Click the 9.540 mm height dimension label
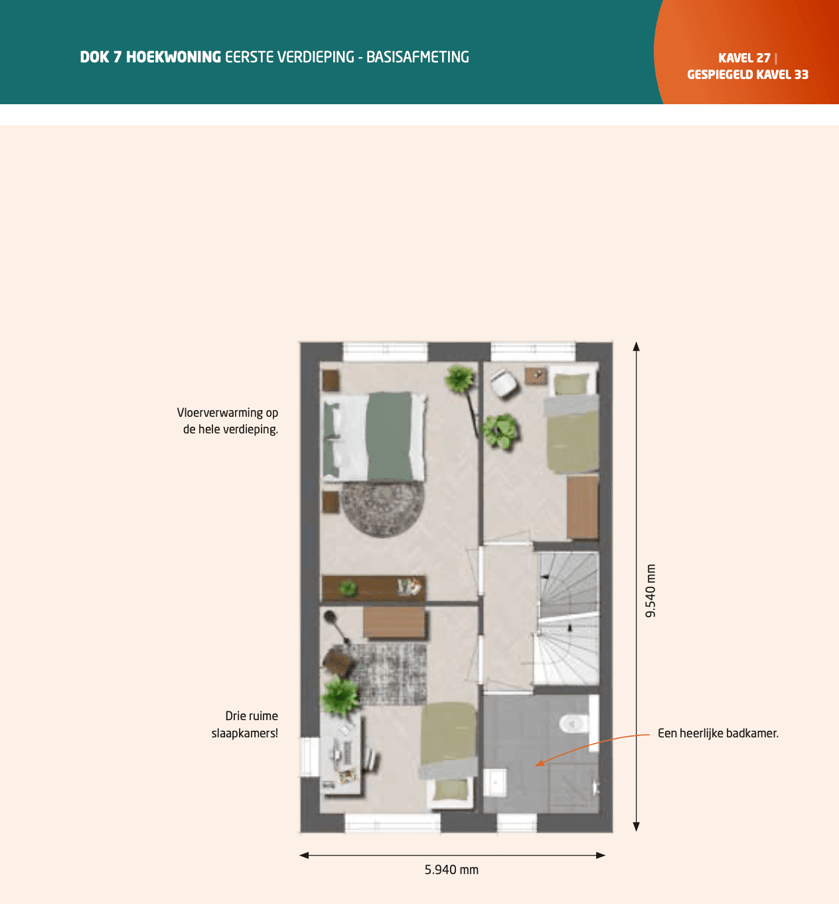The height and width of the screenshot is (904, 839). click(x=651, y=591)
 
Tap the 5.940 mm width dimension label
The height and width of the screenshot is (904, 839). click(x=451, y=870)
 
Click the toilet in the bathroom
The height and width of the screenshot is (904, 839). click(x=571, y=723)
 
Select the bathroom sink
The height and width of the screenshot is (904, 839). click(x=495, y=783)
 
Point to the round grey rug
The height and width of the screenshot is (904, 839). click(x=382, y=509)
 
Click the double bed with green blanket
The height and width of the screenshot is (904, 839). click(x=374, y=436)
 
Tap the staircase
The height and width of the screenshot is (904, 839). click(x=568, y=618)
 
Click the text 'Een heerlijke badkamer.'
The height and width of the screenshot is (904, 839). click(x=718, y=733)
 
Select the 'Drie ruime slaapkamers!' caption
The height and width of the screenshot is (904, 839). click(x=244, y=725)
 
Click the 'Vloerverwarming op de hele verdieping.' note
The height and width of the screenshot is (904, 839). click(x=228, y=421)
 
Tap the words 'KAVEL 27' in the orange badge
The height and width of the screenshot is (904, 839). click(x=744, y=58)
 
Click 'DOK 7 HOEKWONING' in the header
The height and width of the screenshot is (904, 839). click(x=150, y=57)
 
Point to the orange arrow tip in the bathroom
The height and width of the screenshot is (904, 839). click(x=536, y=765)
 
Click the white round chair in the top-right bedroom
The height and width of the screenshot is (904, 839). click(x=504, y=383)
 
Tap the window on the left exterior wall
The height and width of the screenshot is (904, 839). click(x=309, y=757)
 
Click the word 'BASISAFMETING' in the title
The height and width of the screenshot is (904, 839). click(x=418, y=57)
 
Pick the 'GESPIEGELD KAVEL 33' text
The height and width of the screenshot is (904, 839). click(x=747, y=74)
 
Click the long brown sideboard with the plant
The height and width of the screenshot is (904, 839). click(x=373, y=588)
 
